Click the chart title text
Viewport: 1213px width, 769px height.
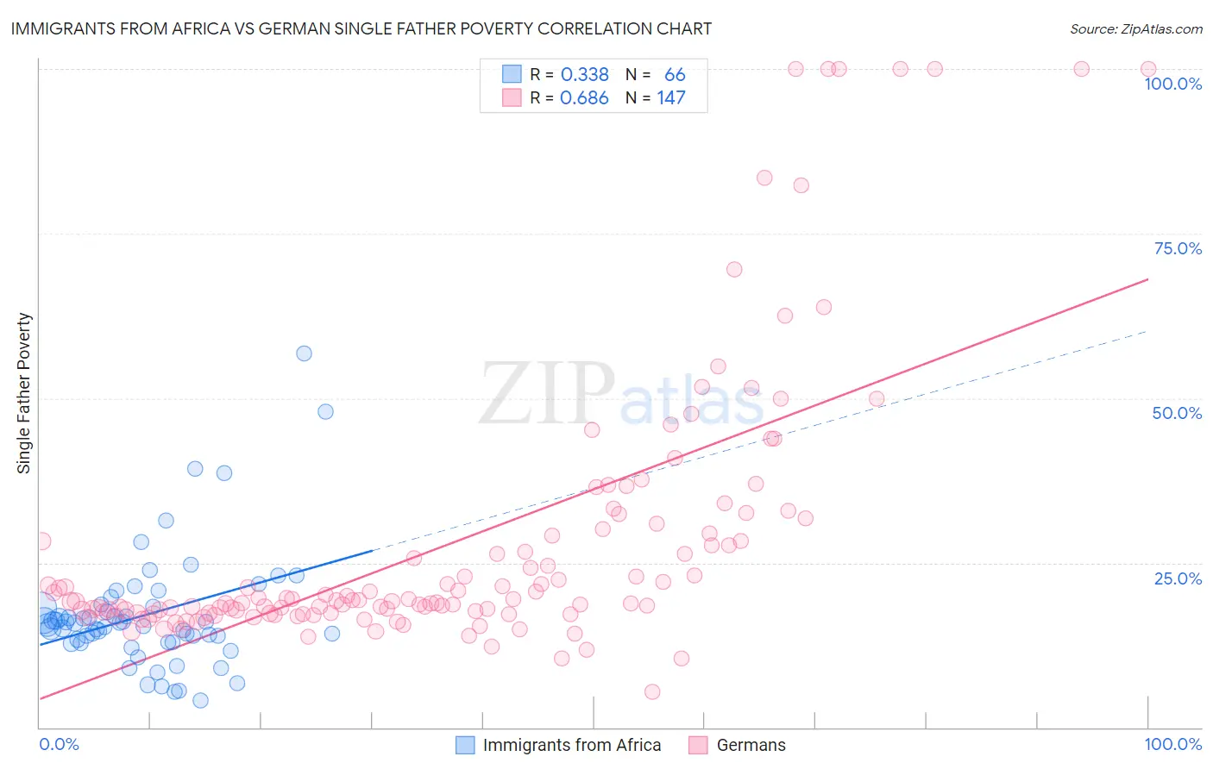(x=361, y=28)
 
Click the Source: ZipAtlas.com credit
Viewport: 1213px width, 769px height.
(x=1135, y=28)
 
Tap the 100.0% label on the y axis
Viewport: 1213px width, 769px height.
(x=1172, y=84)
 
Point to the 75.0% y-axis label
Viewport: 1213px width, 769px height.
(x=1178, y=248)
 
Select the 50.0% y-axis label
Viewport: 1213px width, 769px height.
(x=1177, y=413)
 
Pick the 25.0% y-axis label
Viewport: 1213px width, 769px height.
(x=1178, y=578)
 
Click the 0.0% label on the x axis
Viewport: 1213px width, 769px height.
(x=59, y=744)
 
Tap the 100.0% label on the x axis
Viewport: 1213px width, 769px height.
(x=1172, y=744)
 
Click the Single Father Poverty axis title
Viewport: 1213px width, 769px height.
(x=23, y=393)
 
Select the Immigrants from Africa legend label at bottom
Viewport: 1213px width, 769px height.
(x=571, y=745)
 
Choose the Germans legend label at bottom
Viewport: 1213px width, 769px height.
(x=751, y=745)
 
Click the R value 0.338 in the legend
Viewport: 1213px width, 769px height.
(x=584, y=74)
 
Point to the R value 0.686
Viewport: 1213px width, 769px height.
(x=584, y=98)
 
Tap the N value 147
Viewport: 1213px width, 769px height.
(x=670, y=98)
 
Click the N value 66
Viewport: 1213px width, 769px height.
(x=674, y=74)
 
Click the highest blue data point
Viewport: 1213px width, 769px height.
(x=304, y=353)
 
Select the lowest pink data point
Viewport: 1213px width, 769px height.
(x=652, y=692)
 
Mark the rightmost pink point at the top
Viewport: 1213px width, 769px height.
(x=1148, y=69)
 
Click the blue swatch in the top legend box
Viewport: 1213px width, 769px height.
(x=512, y=74)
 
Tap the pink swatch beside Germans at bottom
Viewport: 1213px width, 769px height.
(x=698, y=745)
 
